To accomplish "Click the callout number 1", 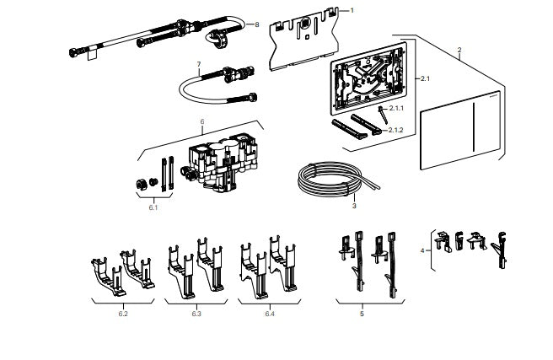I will click(x=352, y=10).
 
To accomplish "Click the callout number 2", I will click(x=459, y=51).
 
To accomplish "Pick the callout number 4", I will click(x=422, y=250).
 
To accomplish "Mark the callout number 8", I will click(x=257, y=25).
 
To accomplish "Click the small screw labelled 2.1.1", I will click(x=380, y=110).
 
